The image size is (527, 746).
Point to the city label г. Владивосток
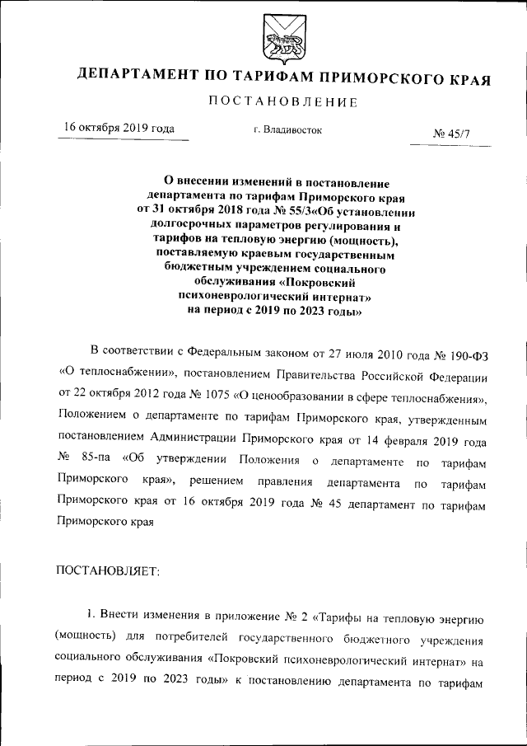(287, 129)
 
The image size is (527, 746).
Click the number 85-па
(93, 459)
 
